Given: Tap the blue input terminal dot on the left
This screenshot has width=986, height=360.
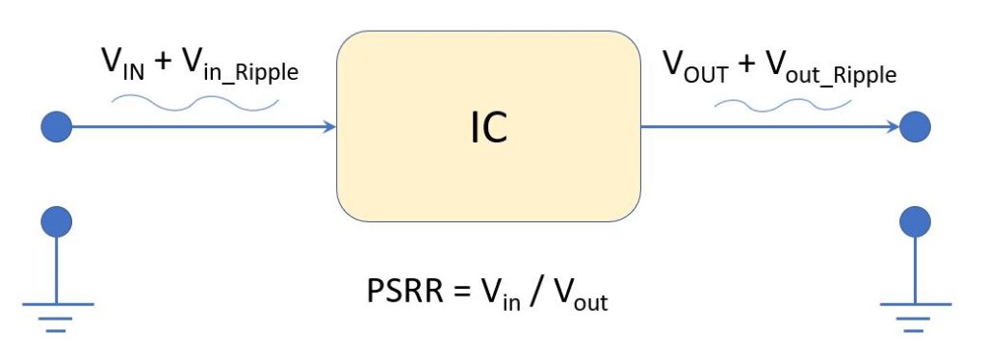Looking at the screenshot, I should pos(57,126).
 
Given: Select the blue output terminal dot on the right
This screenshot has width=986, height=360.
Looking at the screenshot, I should pos(914,126).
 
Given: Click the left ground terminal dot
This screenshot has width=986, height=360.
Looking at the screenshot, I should pos(57,222).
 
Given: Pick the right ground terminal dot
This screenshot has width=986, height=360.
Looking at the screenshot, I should pos(914,222).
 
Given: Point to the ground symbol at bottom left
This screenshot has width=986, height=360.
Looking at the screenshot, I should pos(57,313).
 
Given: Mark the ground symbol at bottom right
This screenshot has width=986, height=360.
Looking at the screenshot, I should pos(914,313).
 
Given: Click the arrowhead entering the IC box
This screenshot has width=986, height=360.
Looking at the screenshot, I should pos(330,126).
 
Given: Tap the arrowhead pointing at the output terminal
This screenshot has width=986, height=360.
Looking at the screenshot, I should pos(893,126).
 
